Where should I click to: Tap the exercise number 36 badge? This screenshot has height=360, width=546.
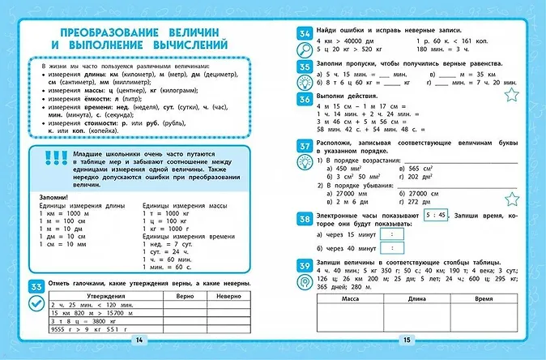click(x=304, y=100)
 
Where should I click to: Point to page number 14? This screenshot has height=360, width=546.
click(x=139, y=338)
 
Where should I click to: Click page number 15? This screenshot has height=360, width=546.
click(x=407, y=338)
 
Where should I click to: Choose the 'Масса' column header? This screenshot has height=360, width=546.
click(x=350, y=298)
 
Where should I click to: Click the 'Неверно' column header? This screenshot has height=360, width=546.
click(x=224, y=297)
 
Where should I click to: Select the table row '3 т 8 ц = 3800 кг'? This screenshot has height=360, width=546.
click(x=77, y=321)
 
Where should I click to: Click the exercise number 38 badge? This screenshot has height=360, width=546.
click(x=304, y=218)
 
